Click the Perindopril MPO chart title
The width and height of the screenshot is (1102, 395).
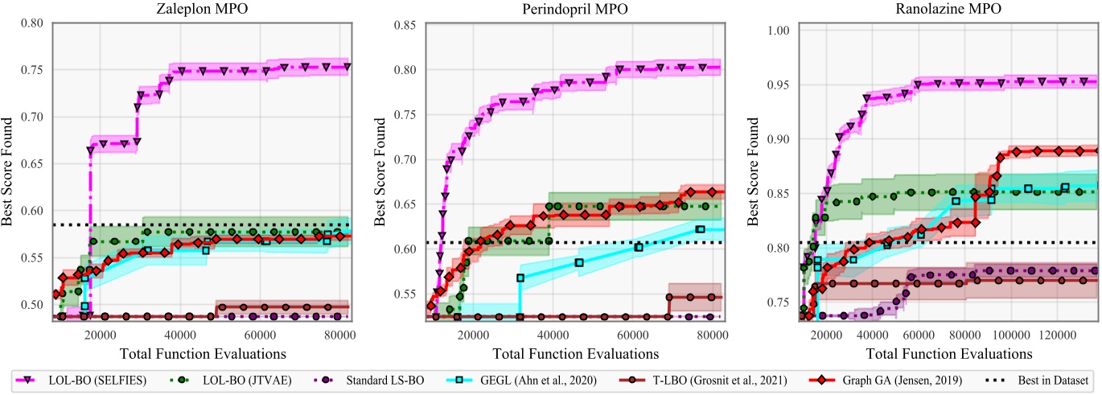click(x=578, y=10)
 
